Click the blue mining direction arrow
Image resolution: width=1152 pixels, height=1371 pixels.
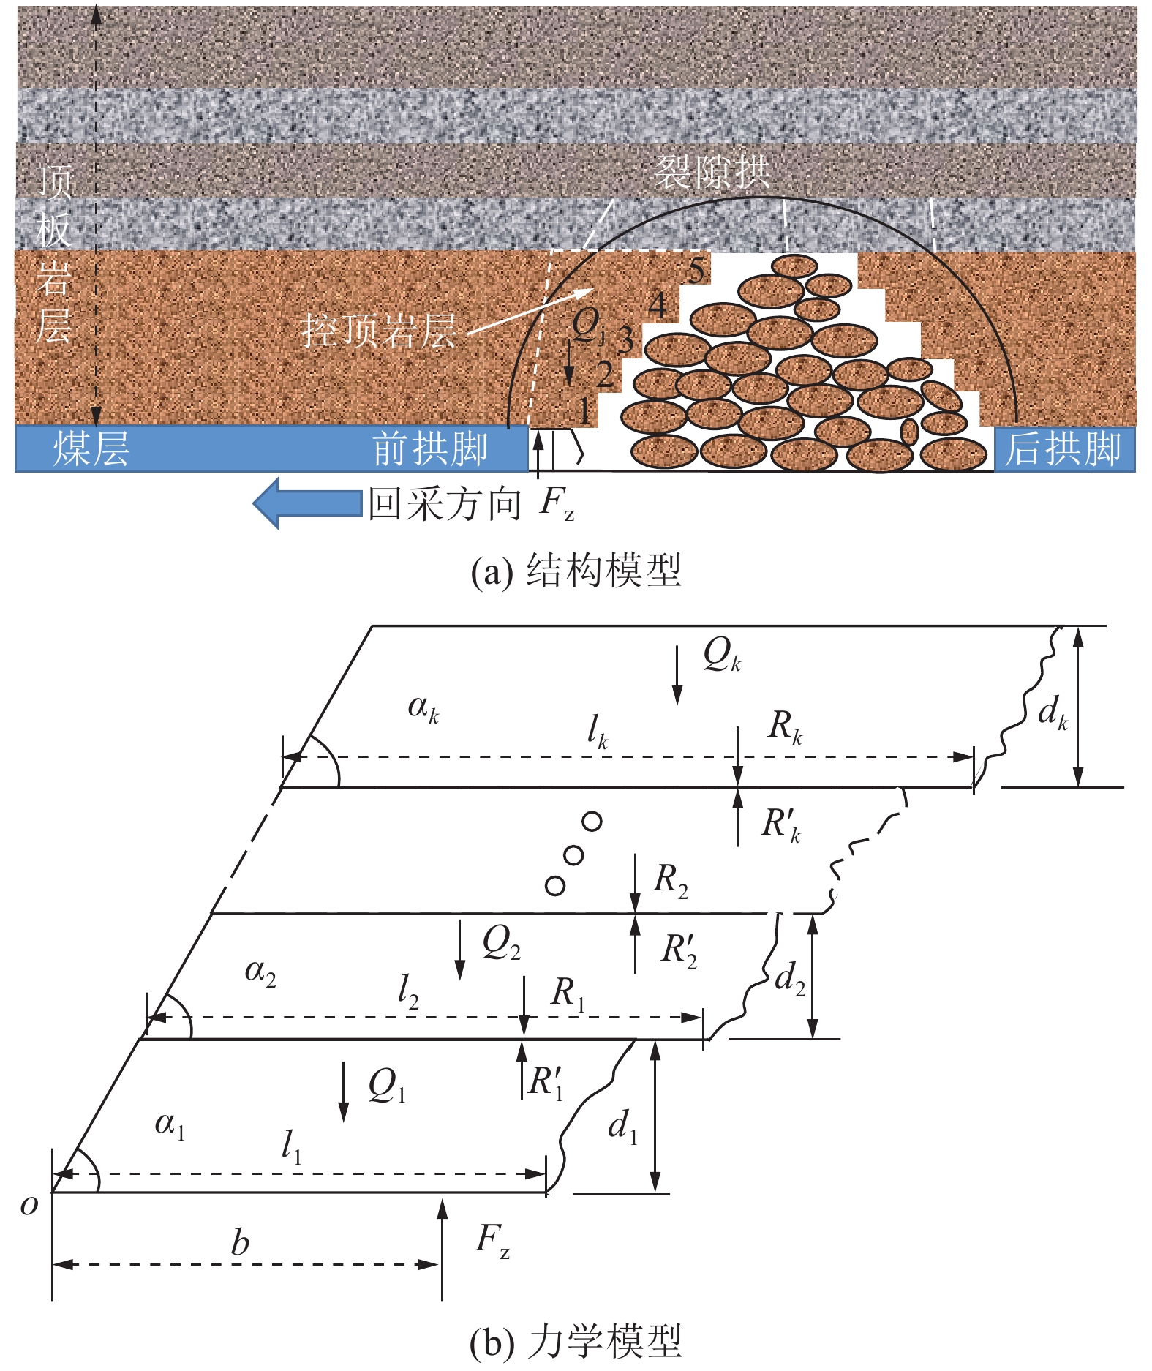tap(307, 503)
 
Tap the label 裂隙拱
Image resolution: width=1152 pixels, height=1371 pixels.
tap(712, 173)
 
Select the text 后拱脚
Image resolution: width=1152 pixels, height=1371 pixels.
tap(1063, 449)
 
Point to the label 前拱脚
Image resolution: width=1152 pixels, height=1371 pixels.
tap(430, 449)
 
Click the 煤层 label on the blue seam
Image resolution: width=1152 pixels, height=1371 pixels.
tap(91, 449)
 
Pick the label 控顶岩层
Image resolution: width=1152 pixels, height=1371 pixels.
tap(379, 331)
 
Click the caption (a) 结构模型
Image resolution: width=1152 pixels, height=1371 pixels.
tap(576, 571)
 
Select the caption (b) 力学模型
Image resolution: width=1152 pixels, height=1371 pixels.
tap(576, 1342)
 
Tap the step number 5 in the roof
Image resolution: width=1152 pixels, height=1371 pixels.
tap(696, 271)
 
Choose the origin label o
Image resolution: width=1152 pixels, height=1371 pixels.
tap(29, 1204)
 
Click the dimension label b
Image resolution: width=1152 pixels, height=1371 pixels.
tap(240, 1243)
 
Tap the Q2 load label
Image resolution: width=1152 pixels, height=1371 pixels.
tap(501, 943)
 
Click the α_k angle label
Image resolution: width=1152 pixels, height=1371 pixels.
tap(423, 708)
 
